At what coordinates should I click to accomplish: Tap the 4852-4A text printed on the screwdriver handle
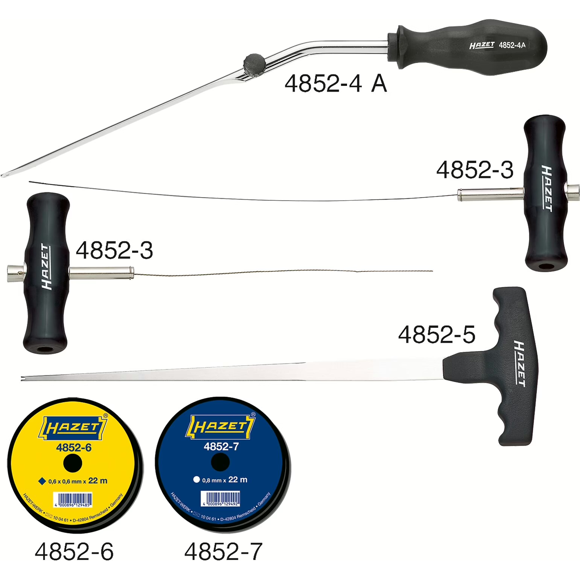[x=512, y=45]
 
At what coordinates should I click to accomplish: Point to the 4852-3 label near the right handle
[x=474, y=170]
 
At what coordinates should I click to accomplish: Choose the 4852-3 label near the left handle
[x=114, y=250]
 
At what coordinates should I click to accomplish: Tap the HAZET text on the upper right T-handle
[x=547, y=188]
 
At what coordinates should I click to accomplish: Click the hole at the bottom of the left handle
[x=45, y=349]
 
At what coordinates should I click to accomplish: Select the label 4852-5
[x=436, y=334]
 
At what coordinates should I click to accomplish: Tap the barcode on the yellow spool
[x=73, y=500]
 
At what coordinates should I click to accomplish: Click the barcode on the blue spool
[x=221, y=498]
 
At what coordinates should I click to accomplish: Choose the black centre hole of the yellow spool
[x=73, y=463]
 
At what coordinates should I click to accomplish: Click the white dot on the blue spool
[x=196, y=479]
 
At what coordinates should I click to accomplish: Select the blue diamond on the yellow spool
[x=42, y=481]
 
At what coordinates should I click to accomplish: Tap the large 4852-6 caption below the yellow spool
[x=74, y=552]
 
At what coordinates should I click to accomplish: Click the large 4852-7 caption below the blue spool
[x=223, y=552]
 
